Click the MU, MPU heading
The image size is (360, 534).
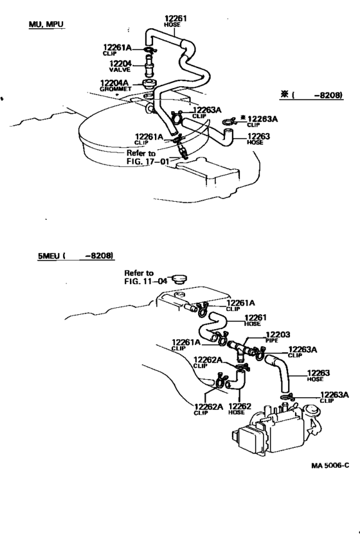pos(46,24)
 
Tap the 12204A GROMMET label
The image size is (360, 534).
pos(116,85)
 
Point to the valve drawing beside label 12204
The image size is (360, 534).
pos(148,66)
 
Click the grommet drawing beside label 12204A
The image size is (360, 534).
pos(149,84)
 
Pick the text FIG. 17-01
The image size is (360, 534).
pos(148,161)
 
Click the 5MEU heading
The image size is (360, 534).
pos(76,255)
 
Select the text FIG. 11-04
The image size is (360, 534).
pos(146,281)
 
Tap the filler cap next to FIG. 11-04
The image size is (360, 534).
pos(179,280)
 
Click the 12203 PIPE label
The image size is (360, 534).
pos(278,337)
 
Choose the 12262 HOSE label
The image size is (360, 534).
pos(239,409)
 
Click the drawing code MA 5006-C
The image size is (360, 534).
pos(330,465)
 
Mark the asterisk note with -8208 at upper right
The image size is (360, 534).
pos(311,94)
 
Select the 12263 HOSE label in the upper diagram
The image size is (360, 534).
pos(258,139)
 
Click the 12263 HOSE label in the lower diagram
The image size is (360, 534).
pos(318,376)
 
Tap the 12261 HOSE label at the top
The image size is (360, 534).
pos(175,21)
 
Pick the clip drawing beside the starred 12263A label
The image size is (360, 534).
pos(230,121)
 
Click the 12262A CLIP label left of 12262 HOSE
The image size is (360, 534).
pos(208,409)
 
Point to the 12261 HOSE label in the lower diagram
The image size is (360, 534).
pos(255,320)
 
